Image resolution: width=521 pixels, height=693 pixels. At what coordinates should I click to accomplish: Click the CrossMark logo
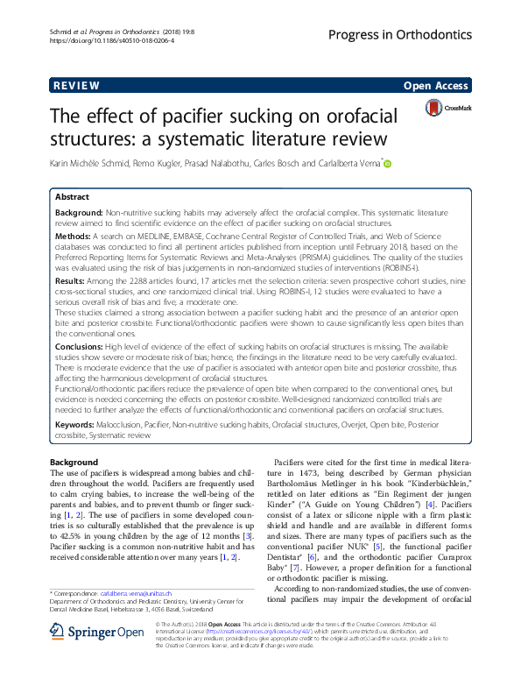(447, 108)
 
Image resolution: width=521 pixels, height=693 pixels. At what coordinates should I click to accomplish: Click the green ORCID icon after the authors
(388, 163)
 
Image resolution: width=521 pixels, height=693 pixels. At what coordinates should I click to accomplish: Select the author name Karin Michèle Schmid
(92, 163)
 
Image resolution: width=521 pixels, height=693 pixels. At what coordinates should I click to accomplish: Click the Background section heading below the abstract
(74, 462)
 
